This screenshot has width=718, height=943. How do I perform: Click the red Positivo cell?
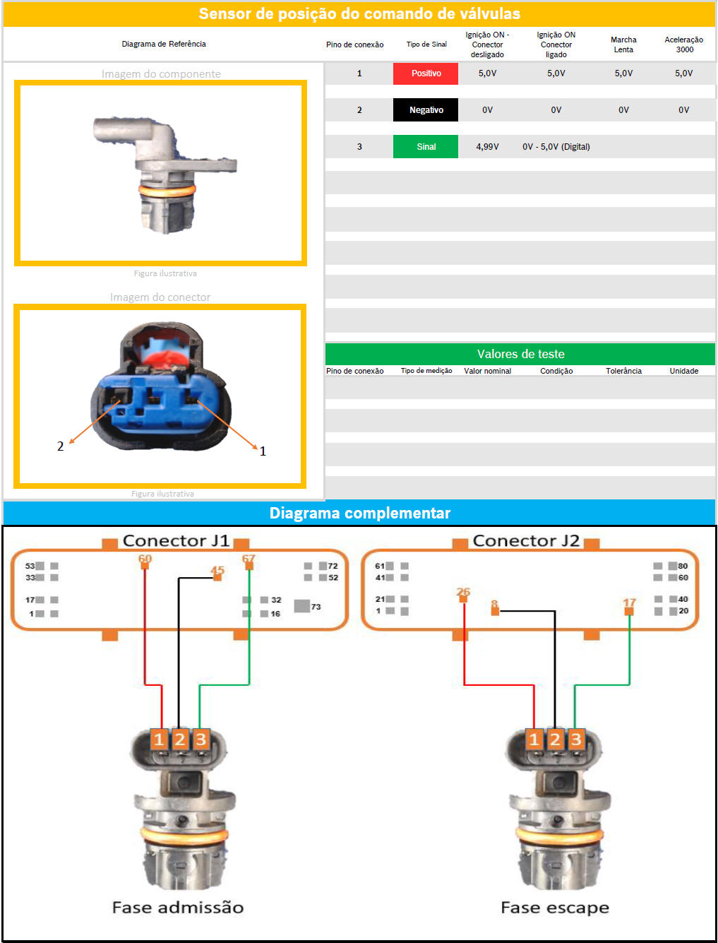(x=426, y=73)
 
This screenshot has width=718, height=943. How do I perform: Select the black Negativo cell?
(x=426, y=110)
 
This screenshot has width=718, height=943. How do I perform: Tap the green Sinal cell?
(x=426, y=147)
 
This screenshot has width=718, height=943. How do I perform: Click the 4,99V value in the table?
(x=487, y=147)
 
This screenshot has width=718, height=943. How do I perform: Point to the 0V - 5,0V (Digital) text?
(x=556, y=147)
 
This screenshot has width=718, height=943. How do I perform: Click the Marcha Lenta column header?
(x=623, y=45)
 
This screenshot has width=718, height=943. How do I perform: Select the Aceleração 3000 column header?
(x=683, y=45)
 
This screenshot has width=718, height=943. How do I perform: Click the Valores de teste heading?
(x=520, y=354)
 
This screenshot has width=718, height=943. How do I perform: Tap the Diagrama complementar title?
(x=359, y=513)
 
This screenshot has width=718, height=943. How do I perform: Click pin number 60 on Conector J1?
(x=145, y=559)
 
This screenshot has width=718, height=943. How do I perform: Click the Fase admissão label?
(x=178, y=908)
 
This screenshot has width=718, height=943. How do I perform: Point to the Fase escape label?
(x=555, y=908)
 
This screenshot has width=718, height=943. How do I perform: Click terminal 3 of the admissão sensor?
(x=201, y=740)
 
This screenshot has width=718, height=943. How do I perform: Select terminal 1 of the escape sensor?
(x=534, y=740)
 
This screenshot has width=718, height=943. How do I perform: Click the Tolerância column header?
(x=623, y=371)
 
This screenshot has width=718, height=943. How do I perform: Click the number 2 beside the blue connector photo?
(x=61, y=446)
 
